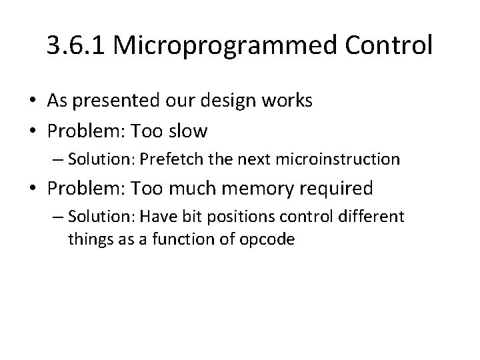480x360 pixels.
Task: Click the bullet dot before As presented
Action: click(x=33, y=101)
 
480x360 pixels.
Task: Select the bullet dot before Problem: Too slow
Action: click(x=33, y=131)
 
